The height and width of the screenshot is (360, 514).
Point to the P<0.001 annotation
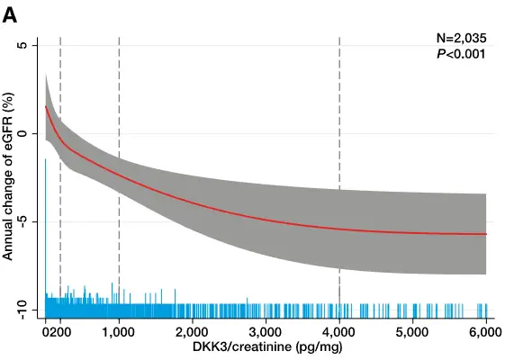click(x=461, y=54)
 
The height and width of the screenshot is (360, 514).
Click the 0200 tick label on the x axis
click(x=56, y=332)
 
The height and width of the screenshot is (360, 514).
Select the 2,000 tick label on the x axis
click(x=192, y=332)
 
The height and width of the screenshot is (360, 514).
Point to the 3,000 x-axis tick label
click(x=266, y=332)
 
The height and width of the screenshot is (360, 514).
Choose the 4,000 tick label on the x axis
click(x=339, y=332)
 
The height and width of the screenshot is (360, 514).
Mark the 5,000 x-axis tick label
click(x=412, y=332)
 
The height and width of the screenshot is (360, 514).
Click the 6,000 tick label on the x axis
click(x=485, y=332)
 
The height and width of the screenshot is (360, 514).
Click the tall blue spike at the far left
click(x=45, y=225)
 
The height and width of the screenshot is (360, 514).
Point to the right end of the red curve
click(x=486, y=234)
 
